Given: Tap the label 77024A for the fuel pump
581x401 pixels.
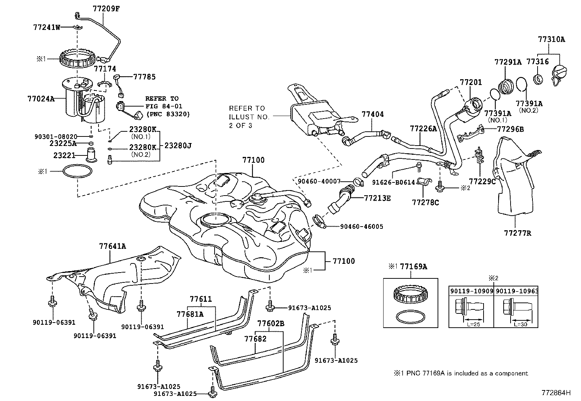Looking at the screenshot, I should click(x=41, y=99).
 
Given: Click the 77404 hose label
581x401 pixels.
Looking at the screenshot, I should click(x=373, y=114).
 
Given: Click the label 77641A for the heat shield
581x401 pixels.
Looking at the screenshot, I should click(x=112, y=246).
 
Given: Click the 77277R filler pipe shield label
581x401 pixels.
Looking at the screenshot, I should click(x=518, y=233).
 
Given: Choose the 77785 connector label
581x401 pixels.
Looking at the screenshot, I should click(x=144, y=77).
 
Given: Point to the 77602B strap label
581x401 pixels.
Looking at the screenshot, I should click(x=270, y=324).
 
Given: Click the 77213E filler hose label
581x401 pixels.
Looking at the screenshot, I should click(x=377, y=198).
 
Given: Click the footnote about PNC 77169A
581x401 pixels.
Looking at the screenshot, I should click(x=460, y=373).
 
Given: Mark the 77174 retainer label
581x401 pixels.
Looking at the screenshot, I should click(x=105, y=69).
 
